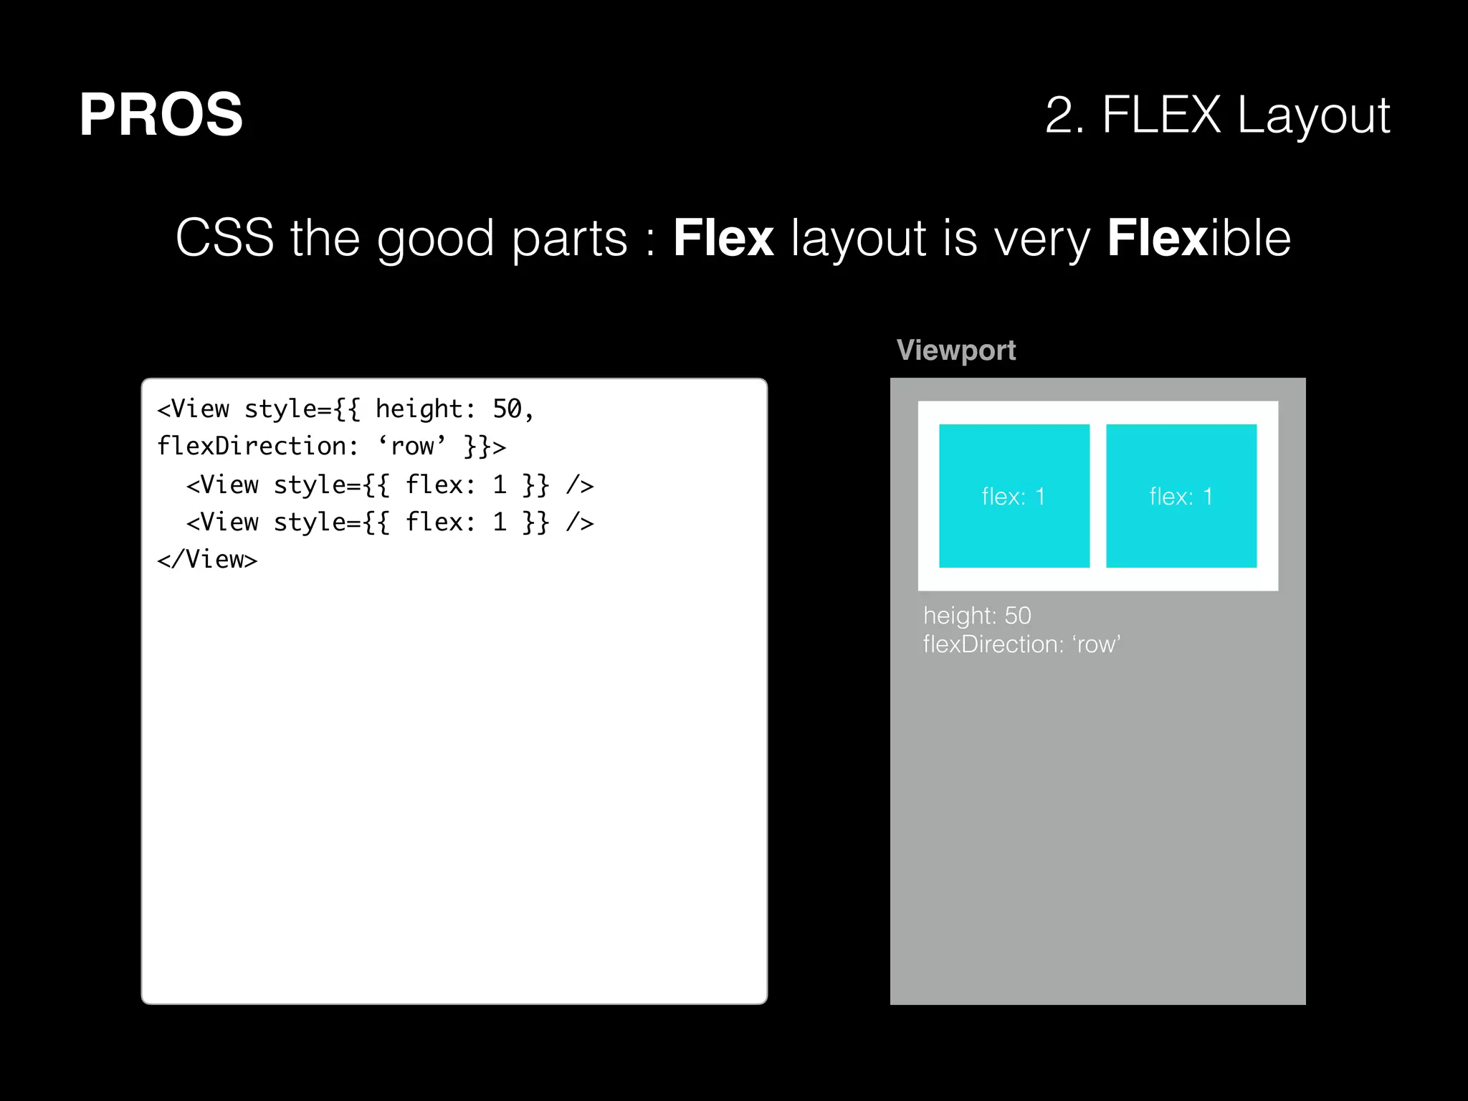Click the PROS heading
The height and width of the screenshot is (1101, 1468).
click(161, 115)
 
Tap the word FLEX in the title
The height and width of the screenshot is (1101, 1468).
click(1160, 115)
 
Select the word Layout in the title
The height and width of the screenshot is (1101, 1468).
click(1313, 116)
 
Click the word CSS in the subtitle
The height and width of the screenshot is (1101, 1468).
click(224, 238)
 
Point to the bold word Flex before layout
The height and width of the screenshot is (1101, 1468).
click(723, 238)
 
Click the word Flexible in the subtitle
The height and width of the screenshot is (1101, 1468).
click(1198, 238)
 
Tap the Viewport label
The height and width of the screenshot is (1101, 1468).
click(955, 351)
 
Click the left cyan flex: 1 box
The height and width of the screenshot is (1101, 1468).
click(1014, 496)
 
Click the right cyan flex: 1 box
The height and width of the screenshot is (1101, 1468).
click(1181, 496)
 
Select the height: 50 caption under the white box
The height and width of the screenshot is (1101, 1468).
click(976, 616)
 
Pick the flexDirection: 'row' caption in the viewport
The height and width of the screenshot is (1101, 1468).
click(1021, 644)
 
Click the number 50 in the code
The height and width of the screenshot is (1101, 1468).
click(507, 409)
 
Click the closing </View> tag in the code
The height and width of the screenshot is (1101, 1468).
click(207, 560)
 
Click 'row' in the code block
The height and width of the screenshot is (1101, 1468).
click(412, 447)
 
